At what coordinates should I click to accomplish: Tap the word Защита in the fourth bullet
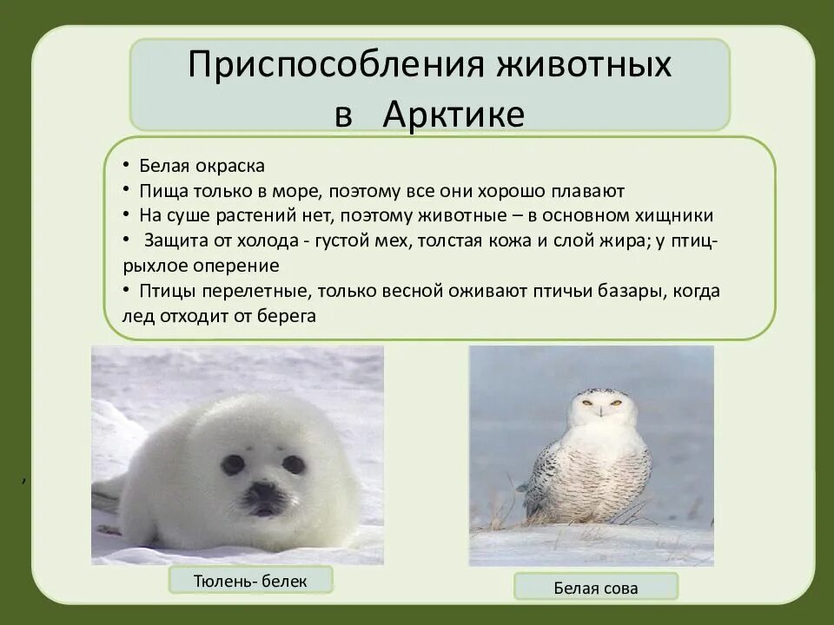(x=176, y=240)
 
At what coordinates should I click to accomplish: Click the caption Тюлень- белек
(x=250, y=580)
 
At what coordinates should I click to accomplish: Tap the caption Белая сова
(x=595, y=588)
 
